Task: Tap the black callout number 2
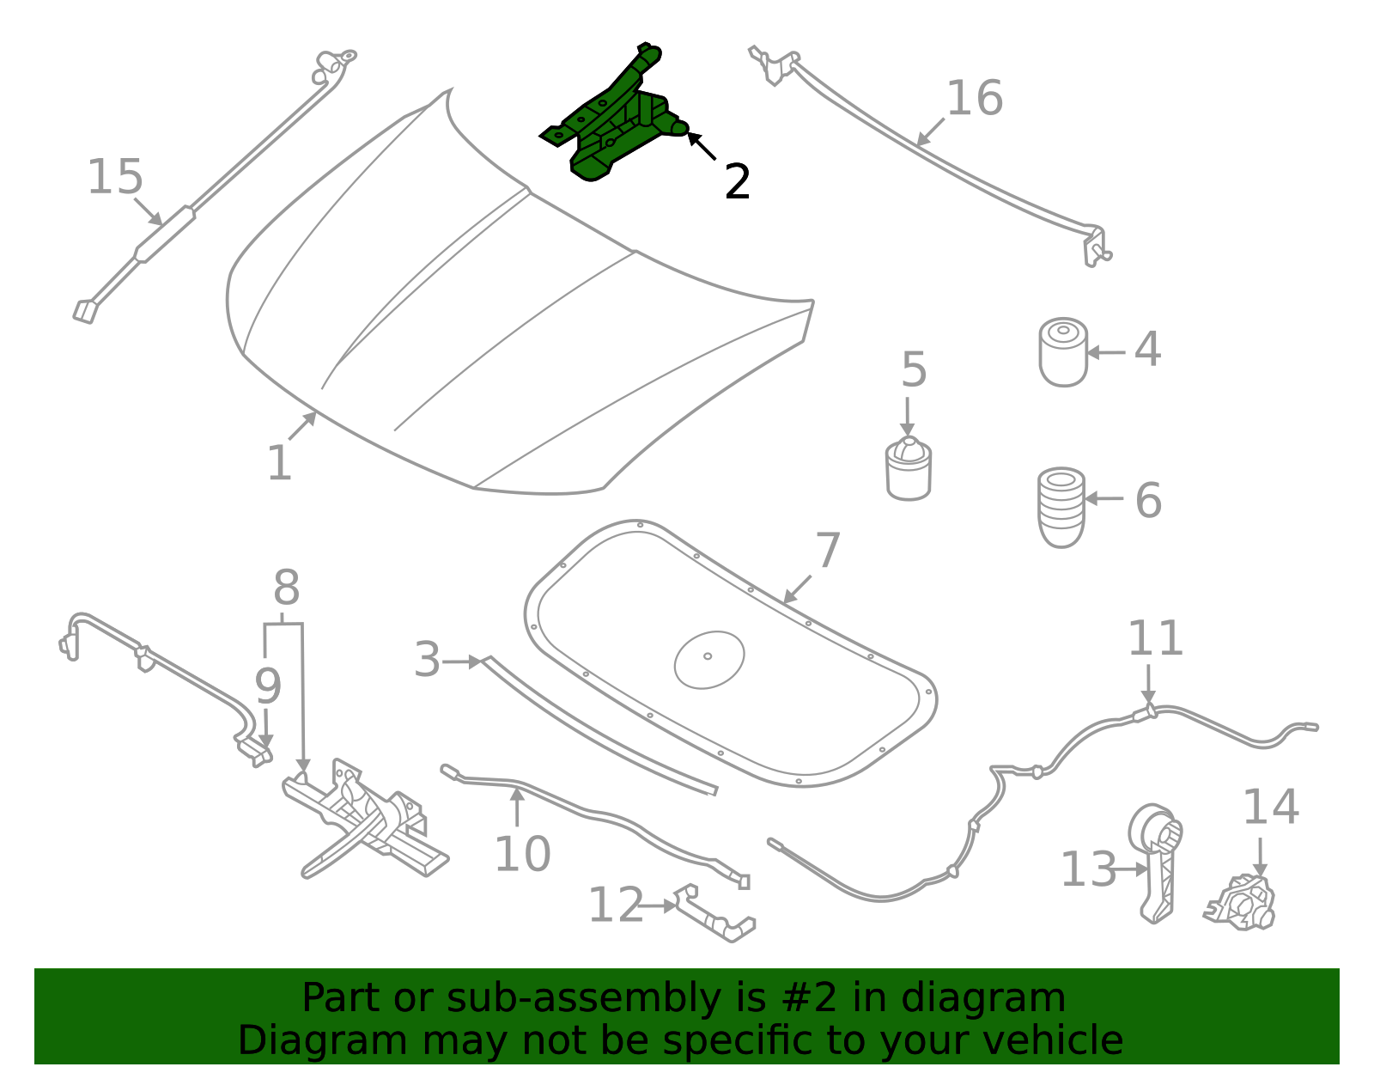pyautogui.click(x=737, y=182)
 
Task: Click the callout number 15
pyautogui.click(x=115, y=177)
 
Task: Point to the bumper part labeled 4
pyautogui.click(x=1063, y=352)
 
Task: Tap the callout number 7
pyautogui.click(x=827, y=550)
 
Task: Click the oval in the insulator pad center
pyautogui.click(x=709, y=659)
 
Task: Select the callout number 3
pyautogui.click(x=427, y=660)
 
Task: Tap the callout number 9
pyautogui.click(x=267, y=686)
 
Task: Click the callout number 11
pyautogui.click(x=1154, y=638)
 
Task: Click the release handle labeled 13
pyautogui.click(x=1158, y=863)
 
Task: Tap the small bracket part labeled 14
pyautogui.click(x=1242, y=904)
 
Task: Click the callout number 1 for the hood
pyautogui.click(x=279, y=464)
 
